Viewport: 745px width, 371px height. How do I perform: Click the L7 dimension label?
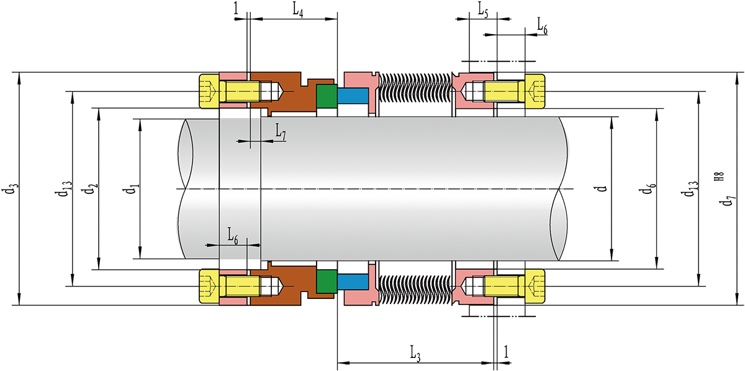[x=280, y=132]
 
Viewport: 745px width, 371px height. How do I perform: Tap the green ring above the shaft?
[x=326, y=96]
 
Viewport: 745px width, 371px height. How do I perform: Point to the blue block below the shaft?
[x=353, y=281]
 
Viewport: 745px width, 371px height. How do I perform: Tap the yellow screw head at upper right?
[x=535, y=91]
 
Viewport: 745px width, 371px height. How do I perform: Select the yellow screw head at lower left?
[x=209, y=286]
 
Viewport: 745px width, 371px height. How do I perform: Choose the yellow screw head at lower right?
[x=535, y=286]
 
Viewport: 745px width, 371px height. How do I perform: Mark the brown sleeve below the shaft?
[x=292, y=281]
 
